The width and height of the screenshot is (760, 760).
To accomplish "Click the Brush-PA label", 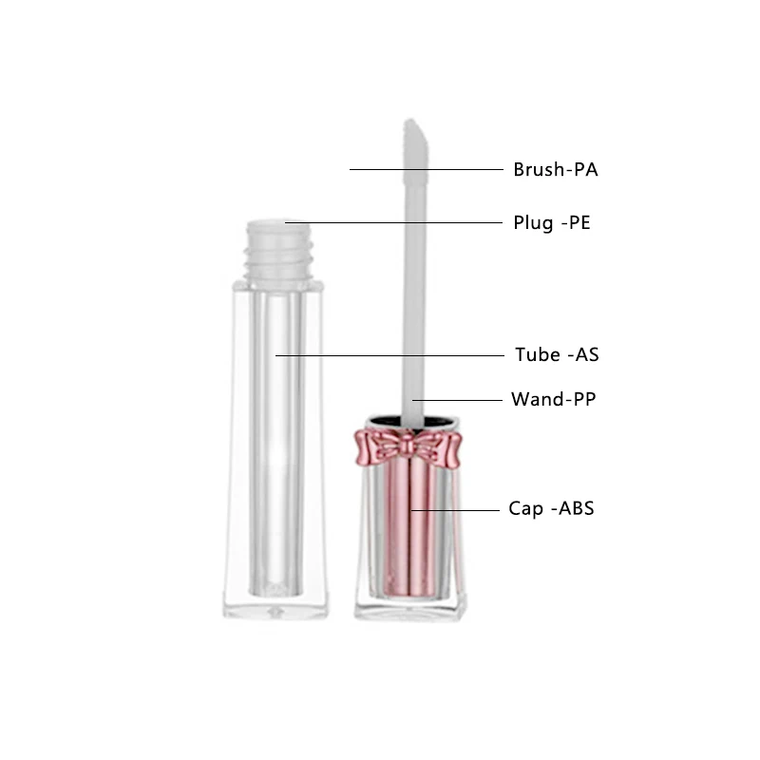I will point(556,170).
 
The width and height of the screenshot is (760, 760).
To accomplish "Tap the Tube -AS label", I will point(557,355).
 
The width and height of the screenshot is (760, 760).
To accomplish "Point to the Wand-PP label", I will point(554,399).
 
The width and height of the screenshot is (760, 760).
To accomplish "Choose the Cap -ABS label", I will point(551,508).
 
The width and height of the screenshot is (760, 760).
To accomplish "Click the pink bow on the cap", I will point(407,447).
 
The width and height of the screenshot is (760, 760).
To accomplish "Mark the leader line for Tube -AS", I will point(389,355).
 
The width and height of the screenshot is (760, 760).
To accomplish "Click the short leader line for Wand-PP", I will point(458,400).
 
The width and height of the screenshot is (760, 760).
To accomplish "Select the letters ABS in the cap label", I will point(577,508).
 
